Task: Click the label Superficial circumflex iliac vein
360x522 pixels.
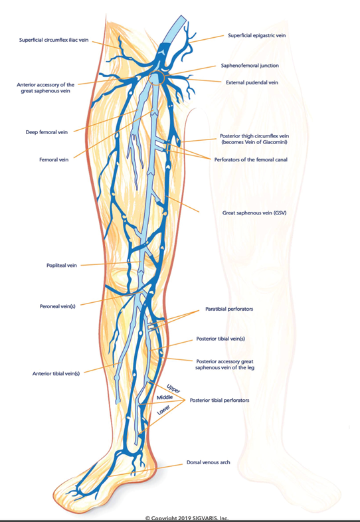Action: click(x=54, y=41)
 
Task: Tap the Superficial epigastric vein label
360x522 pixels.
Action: click(x=257, y=35)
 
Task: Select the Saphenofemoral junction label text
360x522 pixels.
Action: click(x=250, y=66)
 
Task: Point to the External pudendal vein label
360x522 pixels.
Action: click(x=252, y=82)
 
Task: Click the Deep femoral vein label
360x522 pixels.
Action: click(x=46, y=132)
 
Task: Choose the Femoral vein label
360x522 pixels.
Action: click(x=54, y=160)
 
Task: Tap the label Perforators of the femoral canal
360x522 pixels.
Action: click(x=251, y=160)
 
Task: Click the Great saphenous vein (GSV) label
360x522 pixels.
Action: click(x=254, y=213)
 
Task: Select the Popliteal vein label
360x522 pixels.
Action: click(x=62, y=266)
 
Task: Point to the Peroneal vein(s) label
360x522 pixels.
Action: click(x=58, y=306)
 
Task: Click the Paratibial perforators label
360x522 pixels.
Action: click(x=229, y=309)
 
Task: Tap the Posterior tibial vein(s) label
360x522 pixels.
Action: click(x=221, y=339)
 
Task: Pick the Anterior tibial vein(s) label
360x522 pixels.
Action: click(x=56, y=373)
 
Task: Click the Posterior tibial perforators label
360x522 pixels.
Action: click(x=219, y=400)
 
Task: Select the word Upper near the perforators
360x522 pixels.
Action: click(x=173, y=389)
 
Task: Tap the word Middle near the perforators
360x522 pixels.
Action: click(x=165, y=398)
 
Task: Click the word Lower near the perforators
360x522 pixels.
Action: click(x=163, y=410)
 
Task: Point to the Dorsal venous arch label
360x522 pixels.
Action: click(x=208, y=462)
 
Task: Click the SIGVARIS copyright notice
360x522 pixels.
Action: click(x=187, y=518)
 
